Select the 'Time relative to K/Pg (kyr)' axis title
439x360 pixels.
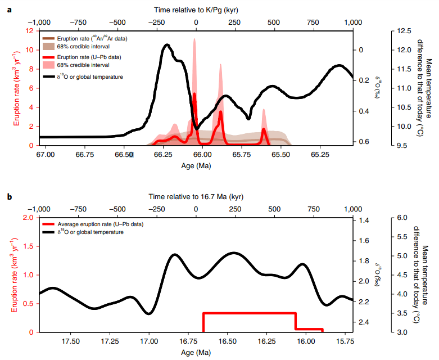pyautogui.click(x=196, y=7)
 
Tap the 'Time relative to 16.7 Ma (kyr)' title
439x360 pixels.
pyautogui.click(x=196, y=196)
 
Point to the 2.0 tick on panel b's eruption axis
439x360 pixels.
pyautogui.click(x=28, y=218)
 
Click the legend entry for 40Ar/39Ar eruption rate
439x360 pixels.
pyautogui.click(x=93, y=38)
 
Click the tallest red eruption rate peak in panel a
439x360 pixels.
pyautogui.click(x=194, y=94)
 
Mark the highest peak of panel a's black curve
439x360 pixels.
pyautogui.click(x=166, y=44)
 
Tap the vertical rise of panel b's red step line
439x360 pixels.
pyautogui.click(x=203, y=322)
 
